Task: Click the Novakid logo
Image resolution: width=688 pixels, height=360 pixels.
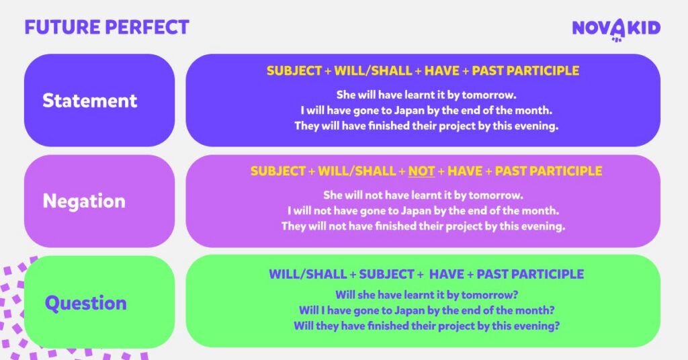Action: [x=616, y=28]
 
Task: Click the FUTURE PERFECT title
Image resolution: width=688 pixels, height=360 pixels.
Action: [x=107, y=28]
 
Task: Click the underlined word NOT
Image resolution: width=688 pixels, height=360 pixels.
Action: [x=421, y=171]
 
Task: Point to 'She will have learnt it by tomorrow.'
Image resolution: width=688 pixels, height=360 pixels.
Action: [x=426, y=95]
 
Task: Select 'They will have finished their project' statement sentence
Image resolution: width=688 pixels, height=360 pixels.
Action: [x=426, y=126]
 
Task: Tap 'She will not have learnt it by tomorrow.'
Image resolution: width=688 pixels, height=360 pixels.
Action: [x=423, y=195]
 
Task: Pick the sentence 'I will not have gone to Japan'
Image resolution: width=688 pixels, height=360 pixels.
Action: [x=423, y=211]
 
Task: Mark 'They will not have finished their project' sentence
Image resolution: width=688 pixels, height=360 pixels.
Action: [x=423, y=226]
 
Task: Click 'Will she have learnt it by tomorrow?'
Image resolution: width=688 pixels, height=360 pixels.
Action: [x=426, y=295]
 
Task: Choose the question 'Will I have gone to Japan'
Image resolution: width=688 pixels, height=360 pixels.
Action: [x=426, y=310]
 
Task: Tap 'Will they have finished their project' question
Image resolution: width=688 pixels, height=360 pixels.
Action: [x=426, y=326]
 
